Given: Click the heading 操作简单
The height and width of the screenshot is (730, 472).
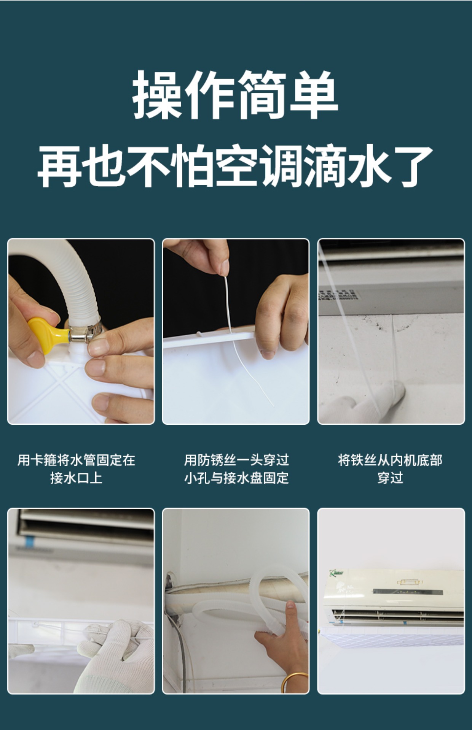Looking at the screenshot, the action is coord(236,95).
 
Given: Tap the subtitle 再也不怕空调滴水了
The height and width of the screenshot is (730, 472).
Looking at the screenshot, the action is coord(235,166).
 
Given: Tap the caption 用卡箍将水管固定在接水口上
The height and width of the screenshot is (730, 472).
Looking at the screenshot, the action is coord(77,469).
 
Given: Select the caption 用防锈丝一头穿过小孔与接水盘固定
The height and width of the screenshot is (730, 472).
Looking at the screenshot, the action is coord(236,469).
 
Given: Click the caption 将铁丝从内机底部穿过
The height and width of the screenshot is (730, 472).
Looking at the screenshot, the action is coord(390,469).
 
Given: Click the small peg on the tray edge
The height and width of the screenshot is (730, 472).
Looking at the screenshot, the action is coord(199,334).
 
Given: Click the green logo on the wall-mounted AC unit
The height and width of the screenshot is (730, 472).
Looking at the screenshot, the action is coord(336,573).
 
